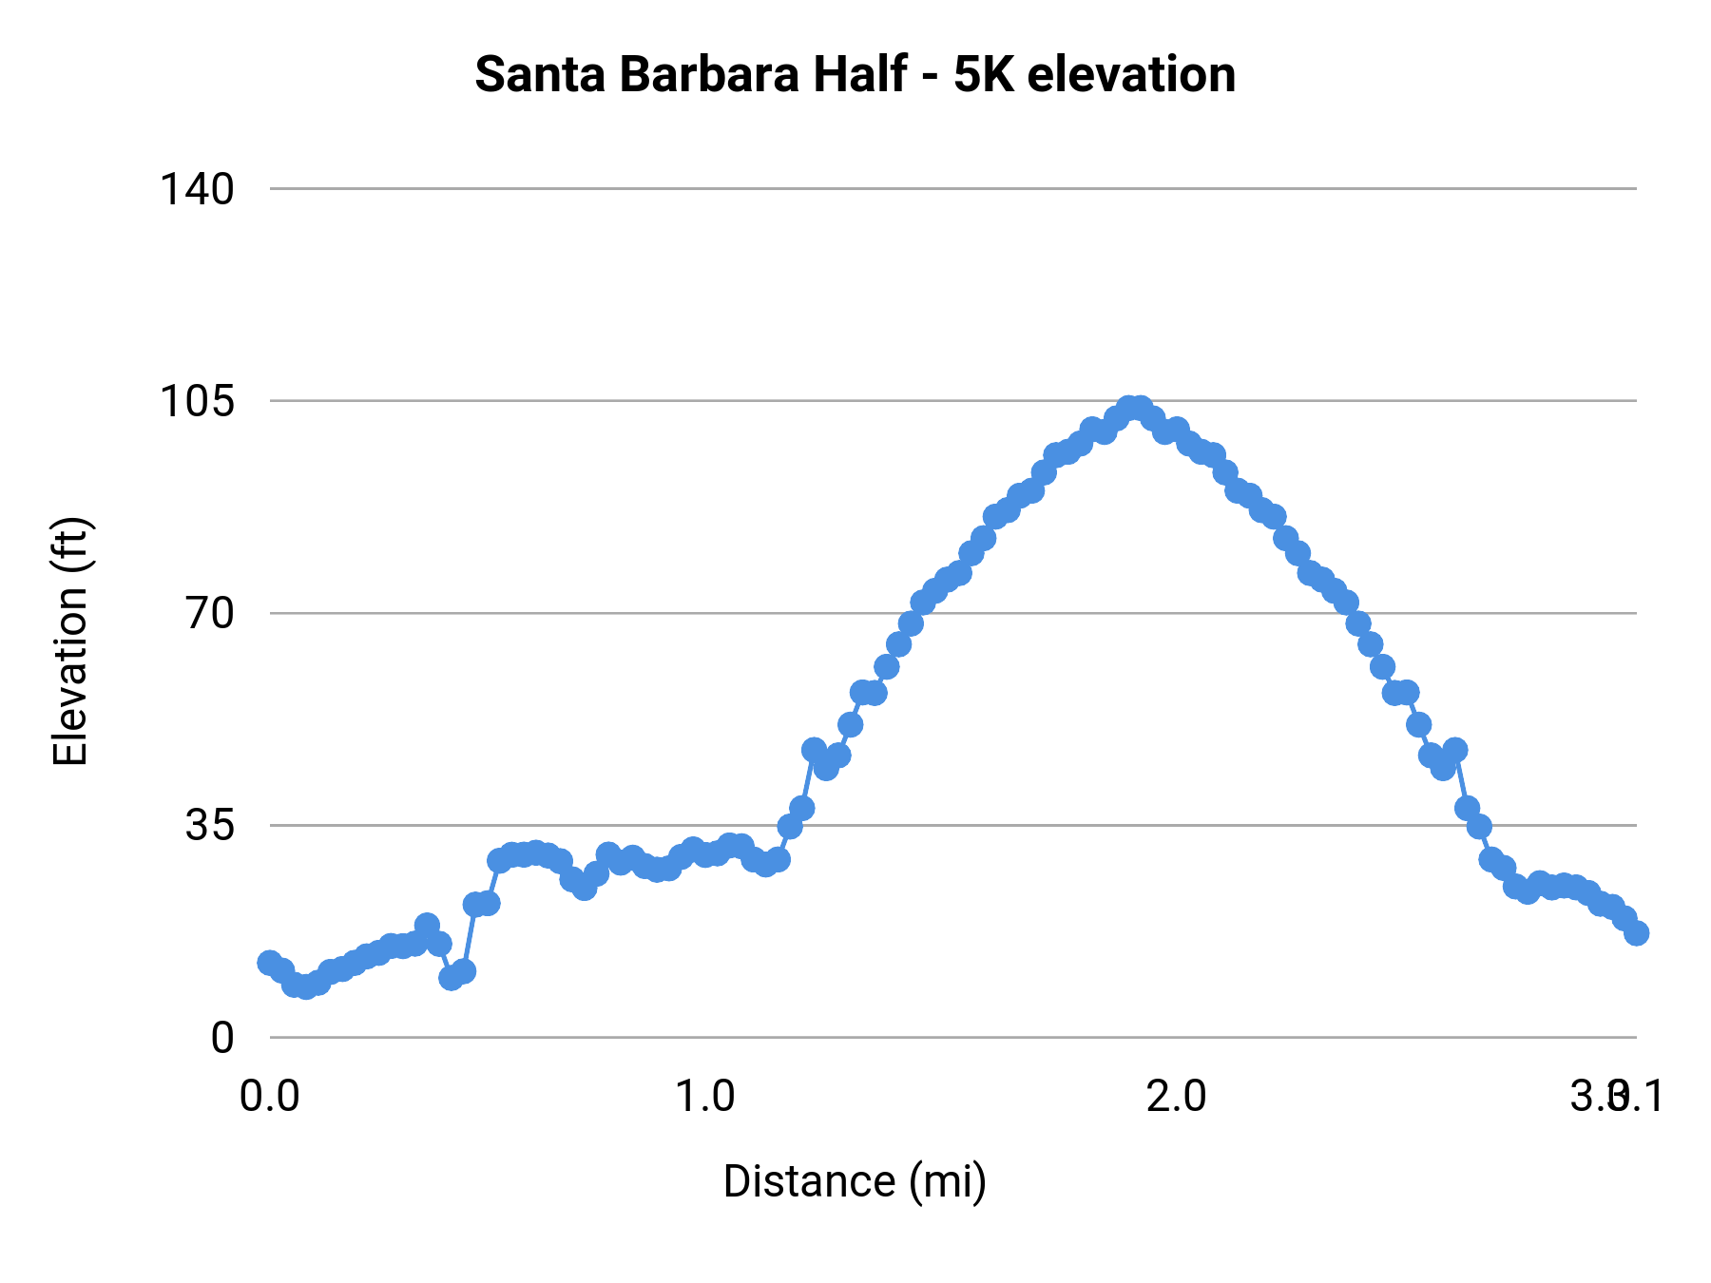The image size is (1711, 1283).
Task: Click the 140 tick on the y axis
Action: tap(196, 189)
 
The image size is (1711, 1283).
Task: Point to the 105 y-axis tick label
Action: tap(196, 401)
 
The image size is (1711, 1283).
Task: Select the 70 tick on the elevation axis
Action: tap(209, 613)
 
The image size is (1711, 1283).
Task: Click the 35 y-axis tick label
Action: tap(209, 825)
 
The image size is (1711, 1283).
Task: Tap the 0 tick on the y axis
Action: tap(222, 1038)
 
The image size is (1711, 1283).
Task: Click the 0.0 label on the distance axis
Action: tap(270, 1097)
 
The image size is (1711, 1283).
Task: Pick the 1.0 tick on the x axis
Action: tap(705, 1097)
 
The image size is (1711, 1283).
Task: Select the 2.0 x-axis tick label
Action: tap(1176, 1097)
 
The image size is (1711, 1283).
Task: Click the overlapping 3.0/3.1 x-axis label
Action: tap(1616, 1097)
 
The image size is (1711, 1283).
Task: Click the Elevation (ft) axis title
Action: tap(70, 641)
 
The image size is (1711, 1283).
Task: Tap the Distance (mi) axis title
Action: tap(855, 1181)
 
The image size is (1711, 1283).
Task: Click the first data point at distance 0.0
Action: tap(270, 963)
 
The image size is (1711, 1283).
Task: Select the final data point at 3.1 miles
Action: tap(1636, 933)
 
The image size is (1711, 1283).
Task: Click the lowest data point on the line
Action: tap(305, 987)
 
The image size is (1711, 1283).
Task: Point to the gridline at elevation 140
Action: tap(951, 189)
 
